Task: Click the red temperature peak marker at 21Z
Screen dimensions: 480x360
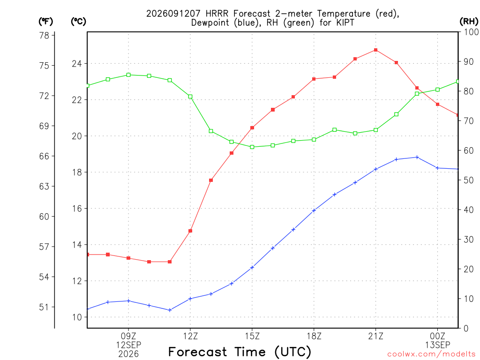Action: [375, 50]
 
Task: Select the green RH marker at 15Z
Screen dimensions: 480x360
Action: [252, 147]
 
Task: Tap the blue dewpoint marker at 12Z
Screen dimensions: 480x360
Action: [190, 299]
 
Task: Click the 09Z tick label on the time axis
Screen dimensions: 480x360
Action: [128, 336]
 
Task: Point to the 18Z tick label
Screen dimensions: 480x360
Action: [314, 336]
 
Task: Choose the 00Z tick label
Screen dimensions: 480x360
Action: [438, 336]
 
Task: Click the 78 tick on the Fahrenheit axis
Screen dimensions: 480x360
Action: [44, 36]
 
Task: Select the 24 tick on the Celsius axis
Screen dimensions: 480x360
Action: [77, 64]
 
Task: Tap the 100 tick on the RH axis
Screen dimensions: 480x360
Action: [472, 32]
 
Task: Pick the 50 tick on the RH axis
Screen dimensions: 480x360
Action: [469, 180]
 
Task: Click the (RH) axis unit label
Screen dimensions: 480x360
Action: [469, 21]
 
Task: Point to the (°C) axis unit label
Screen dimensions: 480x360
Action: [78, 21]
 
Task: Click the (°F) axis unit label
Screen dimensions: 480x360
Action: [45, 21]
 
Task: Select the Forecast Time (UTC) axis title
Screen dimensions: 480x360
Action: [240, 352]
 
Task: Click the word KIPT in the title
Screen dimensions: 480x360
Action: [345, 22]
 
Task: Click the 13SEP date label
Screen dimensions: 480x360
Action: [438, 345]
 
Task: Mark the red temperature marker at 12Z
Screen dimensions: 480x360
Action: [190, 231]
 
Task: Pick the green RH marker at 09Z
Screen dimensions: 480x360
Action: [128, 75]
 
